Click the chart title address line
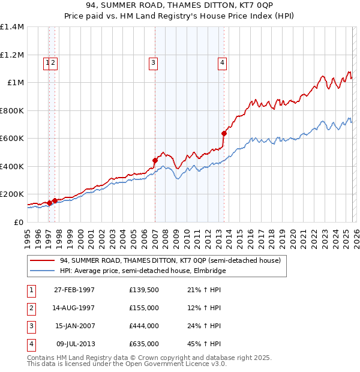click(x=179, y=7)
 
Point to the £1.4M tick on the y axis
click(x=12, y=27)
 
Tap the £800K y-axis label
click(x=11, y=110)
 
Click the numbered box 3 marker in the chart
click(x=153, y=62)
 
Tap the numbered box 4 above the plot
click(x=222, y=62)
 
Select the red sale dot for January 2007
click(x=155, y=160)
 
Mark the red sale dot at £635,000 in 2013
click(x=224, y=133)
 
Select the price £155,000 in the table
click(x=144, y=308)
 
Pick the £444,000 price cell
click(x=144, y=326)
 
